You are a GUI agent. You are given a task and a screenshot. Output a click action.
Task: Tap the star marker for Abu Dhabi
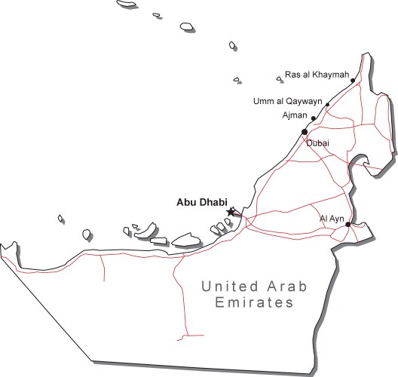click(231, 212)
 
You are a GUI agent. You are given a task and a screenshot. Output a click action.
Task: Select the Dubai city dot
click(305, 131)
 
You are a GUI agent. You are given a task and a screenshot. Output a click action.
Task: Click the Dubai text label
click(317, 143)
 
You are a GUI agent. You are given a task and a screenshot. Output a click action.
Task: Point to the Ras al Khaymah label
click(317, 75)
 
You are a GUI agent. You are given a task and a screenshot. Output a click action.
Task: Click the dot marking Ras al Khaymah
click(353, 80)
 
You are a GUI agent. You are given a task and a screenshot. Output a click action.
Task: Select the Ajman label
click(295, 115)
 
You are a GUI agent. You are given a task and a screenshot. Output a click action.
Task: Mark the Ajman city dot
click(314, 118)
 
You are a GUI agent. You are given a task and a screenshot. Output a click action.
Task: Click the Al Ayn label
click(332, 219)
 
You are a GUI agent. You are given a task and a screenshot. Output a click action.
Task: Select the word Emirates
click(253, 303)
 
